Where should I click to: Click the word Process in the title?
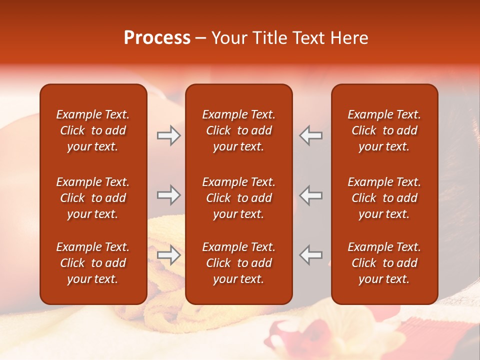157,38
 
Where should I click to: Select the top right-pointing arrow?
168,135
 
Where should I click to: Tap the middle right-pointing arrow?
168,195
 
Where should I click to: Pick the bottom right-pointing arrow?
168,255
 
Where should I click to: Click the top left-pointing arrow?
310,135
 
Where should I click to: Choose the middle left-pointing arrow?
310,195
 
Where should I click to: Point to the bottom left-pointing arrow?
310,255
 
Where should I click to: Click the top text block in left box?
93,130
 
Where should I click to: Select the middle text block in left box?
93,198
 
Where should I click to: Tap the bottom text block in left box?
93,263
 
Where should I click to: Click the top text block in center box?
238,130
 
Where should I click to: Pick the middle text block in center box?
238,198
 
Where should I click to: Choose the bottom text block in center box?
238,263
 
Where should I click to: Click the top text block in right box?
384,130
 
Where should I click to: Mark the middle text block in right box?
384,198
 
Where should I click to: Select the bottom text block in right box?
384,263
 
